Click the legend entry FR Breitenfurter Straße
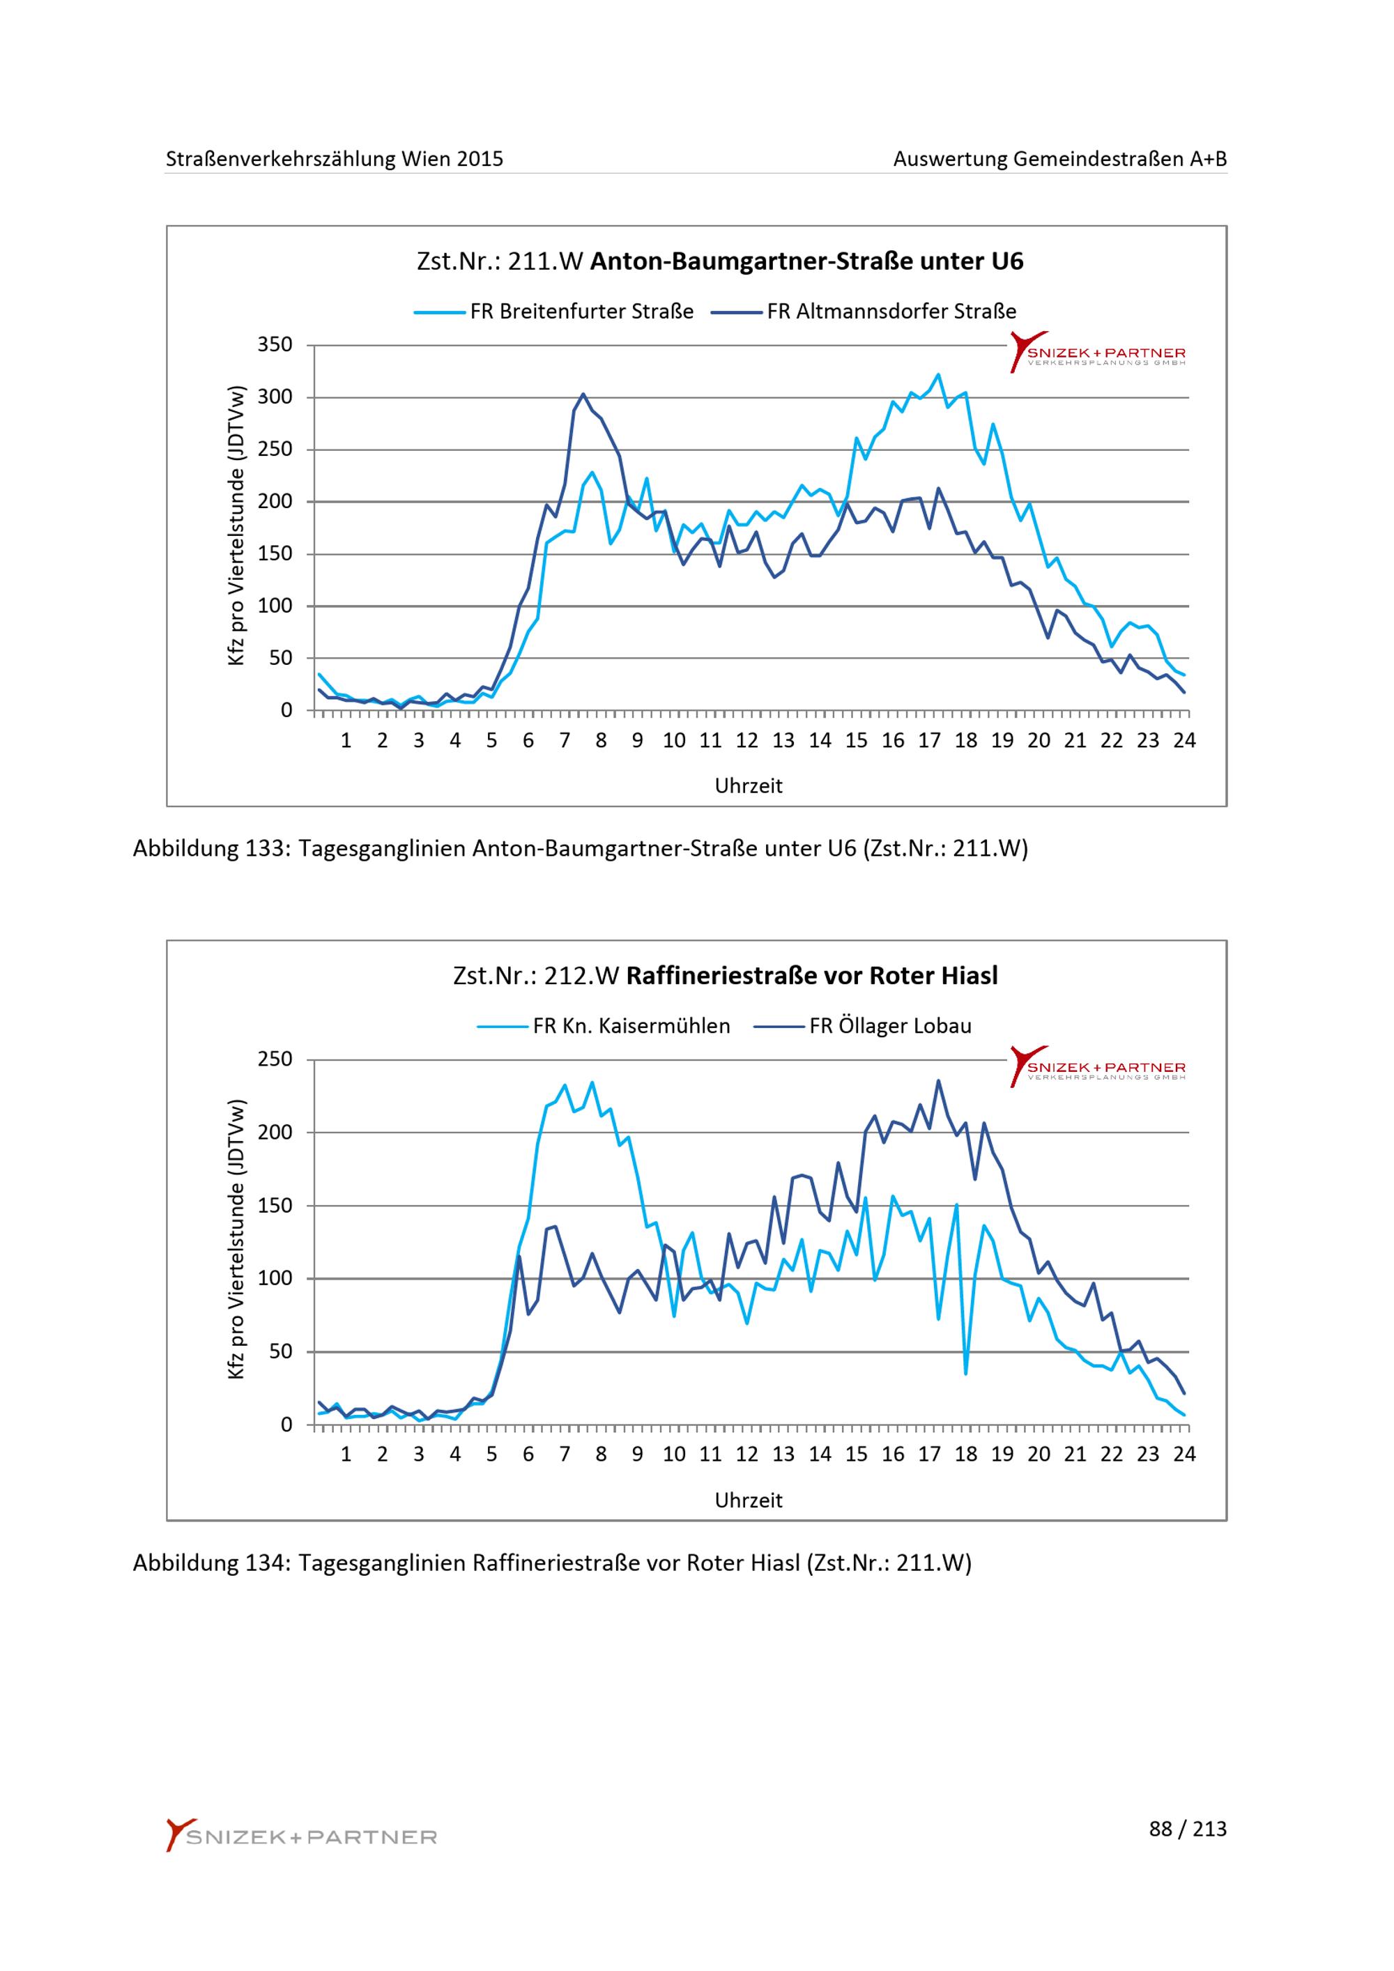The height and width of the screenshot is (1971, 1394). pyautogui.click(x=553, y=312)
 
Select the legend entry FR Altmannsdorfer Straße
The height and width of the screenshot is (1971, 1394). pyautogui.click(x=864, y=312)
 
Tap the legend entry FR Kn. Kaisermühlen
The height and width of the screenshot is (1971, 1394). pyautogui.click(x=604, y=1026)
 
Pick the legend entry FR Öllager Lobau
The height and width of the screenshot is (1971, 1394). pyautogui.click(x=863, y=1026)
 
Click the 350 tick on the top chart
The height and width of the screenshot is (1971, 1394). pyautogui.click(x=275, y=345)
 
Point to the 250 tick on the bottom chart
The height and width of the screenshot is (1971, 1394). pyautogui.click(x=275, y=1059)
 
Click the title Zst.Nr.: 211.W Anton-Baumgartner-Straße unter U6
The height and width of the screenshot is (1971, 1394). pyautogui.click(x=720, y=261)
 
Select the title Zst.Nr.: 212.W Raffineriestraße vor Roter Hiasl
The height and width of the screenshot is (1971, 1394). pyautogui.click(x=726, y=976)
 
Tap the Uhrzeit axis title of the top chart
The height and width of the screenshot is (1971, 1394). pyautogui.click(x=749, y=786)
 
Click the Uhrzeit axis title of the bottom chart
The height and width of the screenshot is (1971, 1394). pyautogui.click(x=749, y=1501)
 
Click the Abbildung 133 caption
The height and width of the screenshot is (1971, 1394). pyautogui.click(x=581, y=849)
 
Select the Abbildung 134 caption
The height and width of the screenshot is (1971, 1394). pyautogui.click(x=552, y=1563)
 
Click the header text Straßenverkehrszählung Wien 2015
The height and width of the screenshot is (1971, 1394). pyautogui.click(x=335, y=159)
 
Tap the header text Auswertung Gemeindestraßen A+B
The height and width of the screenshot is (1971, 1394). pyautogui.click(x=1060, y=159)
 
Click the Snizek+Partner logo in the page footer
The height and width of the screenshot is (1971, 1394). pyautogui.click(x=301, y=1836)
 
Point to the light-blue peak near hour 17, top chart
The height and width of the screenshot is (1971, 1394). pyautogui.click(x=938, y=374)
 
